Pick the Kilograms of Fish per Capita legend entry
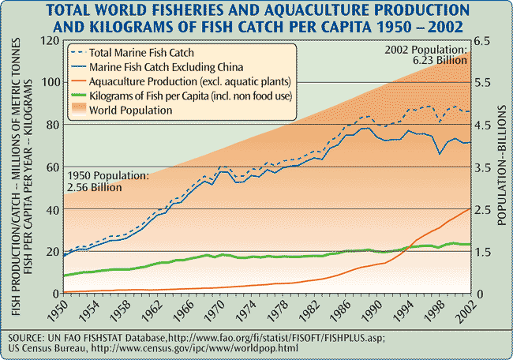(x=189, y=96)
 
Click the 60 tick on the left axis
(x=53, y=167)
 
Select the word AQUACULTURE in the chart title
(x=303, y=10)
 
